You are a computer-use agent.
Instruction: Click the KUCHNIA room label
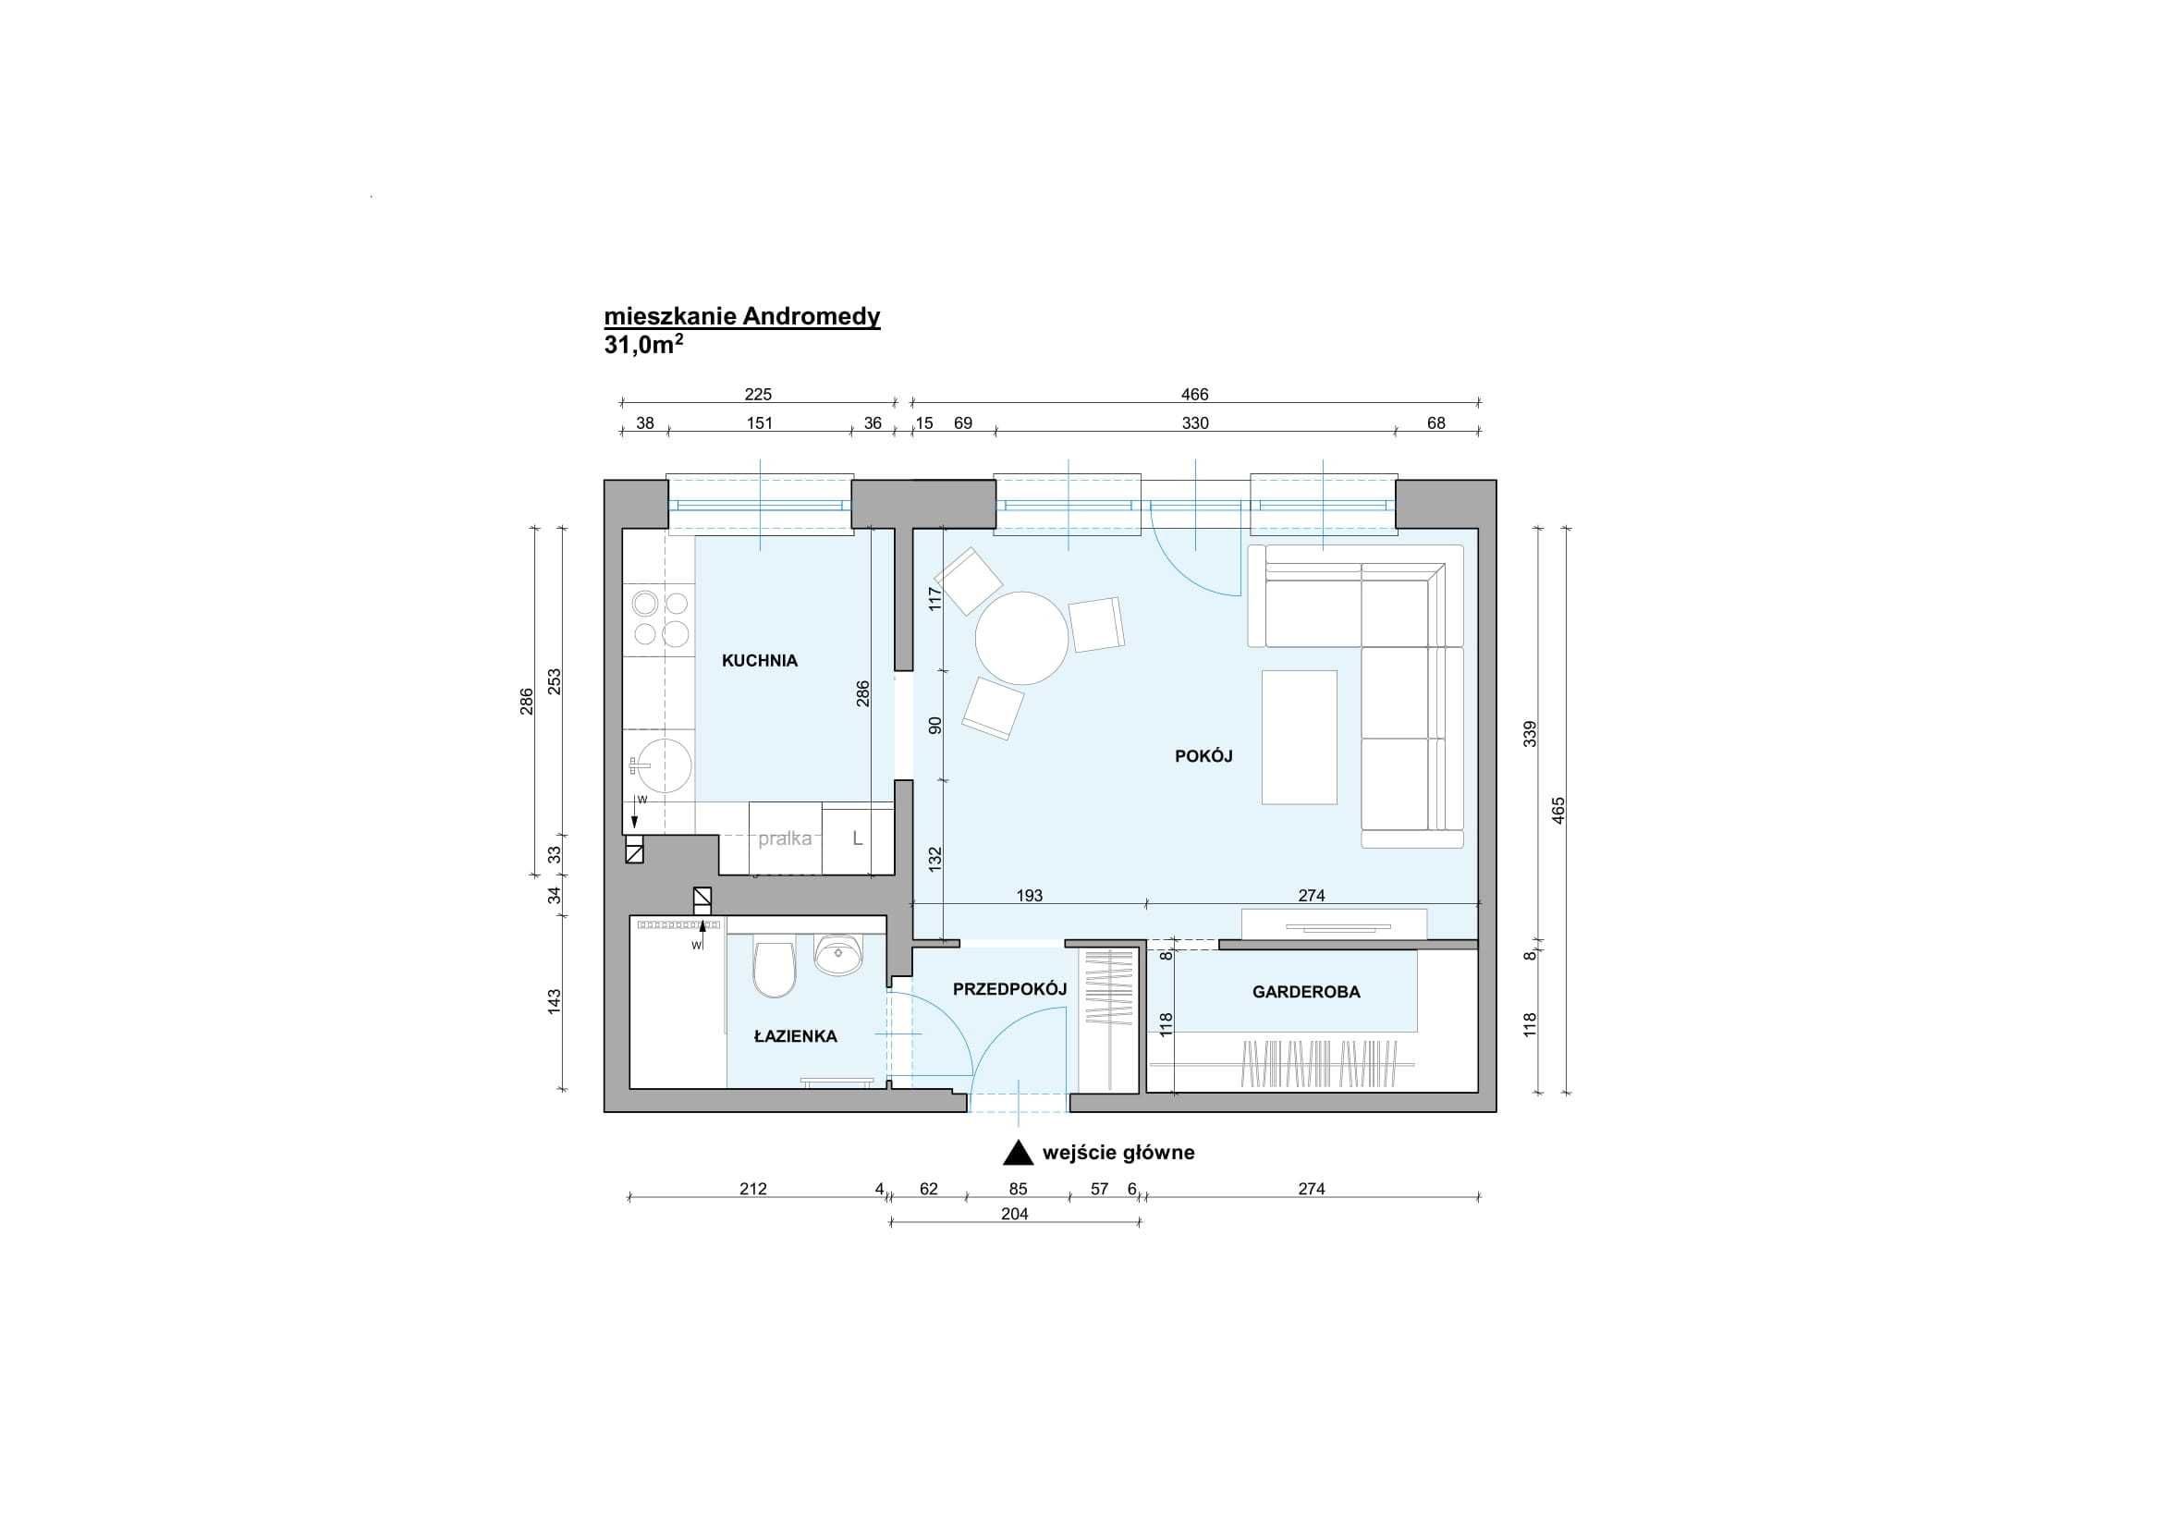759,661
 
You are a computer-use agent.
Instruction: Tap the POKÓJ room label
1203,755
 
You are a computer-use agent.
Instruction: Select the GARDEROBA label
1306,991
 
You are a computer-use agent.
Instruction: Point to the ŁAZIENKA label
796,1035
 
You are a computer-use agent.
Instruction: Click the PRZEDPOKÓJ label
1009,988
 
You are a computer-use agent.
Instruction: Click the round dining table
1021,639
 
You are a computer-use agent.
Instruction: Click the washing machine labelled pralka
786,838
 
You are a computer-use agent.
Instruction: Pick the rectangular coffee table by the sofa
1300,737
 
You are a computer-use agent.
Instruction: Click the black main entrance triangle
1018,1153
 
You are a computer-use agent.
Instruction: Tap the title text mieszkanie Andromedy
742,316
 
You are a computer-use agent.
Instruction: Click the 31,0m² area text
644,345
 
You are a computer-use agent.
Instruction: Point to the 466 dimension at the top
1195,395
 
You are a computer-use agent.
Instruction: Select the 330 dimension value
1195,423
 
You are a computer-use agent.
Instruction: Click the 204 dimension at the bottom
1014,1215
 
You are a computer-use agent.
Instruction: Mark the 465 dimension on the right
1558,811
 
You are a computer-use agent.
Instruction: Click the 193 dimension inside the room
1029,896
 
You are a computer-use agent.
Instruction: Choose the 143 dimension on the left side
555,1000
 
